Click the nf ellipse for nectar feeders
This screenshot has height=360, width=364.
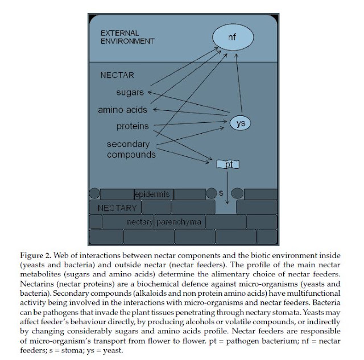[x=233, y=37]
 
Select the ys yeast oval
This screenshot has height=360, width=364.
[x=240, y=123]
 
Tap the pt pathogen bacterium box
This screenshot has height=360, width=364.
[x=227, y=164]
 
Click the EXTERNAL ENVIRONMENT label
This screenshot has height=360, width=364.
[x=127, y=37]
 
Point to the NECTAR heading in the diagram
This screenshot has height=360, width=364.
[x=117, y=75]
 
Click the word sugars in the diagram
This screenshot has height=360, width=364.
[x=130, y=92]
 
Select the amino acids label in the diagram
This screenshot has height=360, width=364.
[x=122, y=110]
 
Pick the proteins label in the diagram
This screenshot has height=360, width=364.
[x=133, y=126]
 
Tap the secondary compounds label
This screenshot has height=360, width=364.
[x=131, y=149]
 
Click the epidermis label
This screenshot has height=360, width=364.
[x=152, y=194]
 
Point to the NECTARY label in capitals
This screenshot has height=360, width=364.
[x=117, y=208]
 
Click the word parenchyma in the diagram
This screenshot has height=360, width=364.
[x=179, y=222]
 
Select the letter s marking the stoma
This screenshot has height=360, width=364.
[x=221, y=193]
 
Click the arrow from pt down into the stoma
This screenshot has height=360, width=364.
[x=227, y=188]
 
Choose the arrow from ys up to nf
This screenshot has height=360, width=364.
[x=239, y=84]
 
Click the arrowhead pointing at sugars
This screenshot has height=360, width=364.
[x=150, y=92]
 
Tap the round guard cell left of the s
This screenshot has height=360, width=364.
[x=211, y=193]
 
